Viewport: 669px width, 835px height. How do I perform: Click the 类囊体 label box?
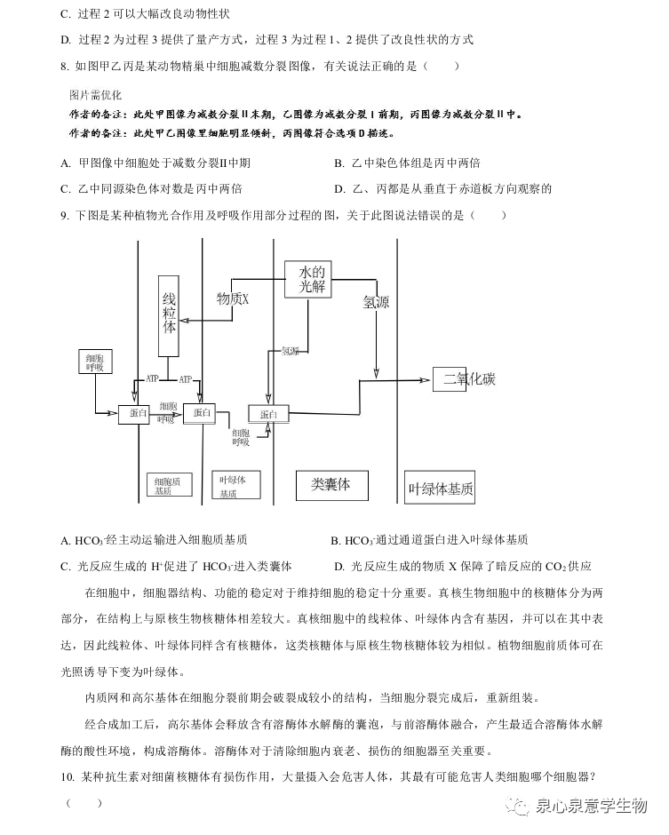pyautogui.click(x=331, y=484)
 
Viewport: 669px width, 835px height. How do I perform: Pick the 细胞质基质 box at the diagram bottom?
pyautogui.click(x=169, y=484)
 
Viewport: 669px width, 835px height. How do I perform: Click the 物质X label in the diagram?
pyautogui.click(x=233, y=299)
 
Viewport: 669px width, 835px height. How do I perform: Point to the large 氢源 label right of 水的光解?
pyautogui.click(x=376, y=302)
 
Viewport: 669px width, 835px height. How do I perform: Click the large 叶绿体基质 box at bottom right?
pyautogui.click(x=440, y=488)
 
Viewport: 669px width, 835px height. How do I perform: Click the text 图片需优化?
pyautogui.click(x=95, y=94)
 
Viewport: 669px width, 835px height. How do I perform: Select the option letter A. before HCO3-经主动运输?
pyautogui.click(x=66, y=540)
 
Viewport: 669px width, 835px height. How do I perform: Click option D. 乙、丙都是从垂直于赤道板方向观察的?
pyautogui.click(x=442, y=188)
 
